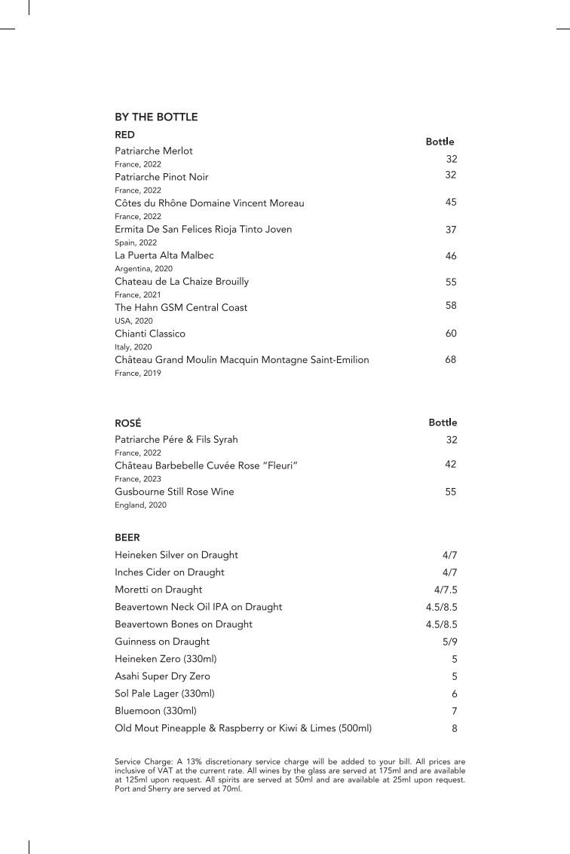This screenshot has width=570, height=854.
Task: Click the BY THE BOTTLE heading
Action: tap(156, 117)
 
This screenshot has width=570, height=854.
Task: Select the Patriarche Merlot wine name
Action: tap(154, 151)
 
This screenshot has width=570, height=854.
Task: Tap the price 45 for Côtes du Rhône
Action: tap(451, 202)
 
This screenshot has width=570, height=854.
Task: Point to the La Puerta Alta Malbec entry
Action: tap(164, 255)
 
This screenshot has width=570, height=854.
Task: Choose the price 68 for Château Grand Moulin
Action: tap(451, 360)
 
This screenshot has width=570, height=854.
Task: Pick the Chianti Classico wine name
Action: tap(150, 334)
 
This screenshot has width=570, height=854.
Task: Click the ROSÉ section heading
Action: tap(128, 424)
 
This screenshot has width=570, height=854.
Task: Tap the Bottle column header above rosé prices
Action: tap(443, 422)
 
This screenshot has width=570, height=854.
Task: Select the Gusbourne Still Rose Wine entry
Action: tap(174, 492)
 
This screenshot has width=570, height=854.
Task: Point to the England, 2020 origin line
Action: tap(140, 505)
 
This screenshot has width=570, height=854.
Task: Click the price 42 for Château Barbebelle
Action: tap(451, 465)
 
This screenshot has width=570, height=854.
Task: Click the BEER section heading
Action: tap(127, 538)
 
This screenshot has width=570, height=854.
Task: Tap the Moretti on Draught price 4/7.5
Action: tap(446, 590)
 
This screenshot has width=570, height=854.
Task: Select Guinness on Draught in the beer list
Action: tap(162, 642)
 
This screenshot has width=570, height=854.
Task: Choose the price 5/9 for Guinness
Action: tap(450, 642)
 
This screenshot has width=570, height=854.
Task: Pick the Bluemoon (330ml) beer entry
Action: tap(155, 711)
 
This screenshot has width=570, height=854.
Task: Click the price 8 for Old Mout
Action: tap(455, 728)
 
